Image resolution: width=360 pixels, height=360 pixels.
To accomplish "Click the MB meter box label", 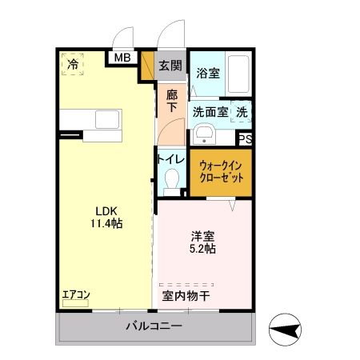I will (x=123, y=58).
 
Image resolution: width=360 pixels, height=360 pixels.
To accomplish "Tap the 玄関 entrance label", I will (x=169, y=66).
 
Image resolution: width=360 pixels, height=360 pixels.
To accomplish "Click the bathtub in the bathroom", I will (x=238, y=74).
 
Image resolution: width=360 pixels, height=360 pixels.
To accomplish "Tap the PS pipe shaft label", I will (x=246, y=138).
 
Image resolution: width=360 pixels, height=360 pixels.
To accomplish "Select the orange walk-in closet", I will (x=221, y=170).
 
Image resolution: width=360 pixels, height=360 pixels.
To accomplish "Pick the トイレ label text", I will (x=171, y=159).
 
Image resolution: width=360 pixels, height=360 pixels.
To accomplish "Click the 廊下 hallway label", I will (x=172, y=101).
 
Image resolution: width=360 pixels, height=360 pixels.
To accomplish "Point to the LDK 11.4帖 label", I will (x=106, y=216).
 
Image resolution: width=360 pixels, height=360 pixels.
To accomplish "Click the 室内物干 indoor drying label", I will (x=186, y=295).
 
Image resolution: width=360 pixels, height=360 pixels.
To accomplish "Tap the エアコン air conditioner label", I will (x=76, y=295).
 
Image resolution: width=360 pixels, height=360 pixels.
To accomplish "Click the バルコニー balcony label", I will (x=154, y=326).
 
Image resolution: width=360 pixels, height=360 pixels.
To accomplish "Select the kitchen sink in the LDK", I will (x=106, y=121).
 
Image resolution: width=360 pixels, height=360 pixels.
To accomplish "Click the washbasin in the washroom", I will (x=204, y=134).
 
